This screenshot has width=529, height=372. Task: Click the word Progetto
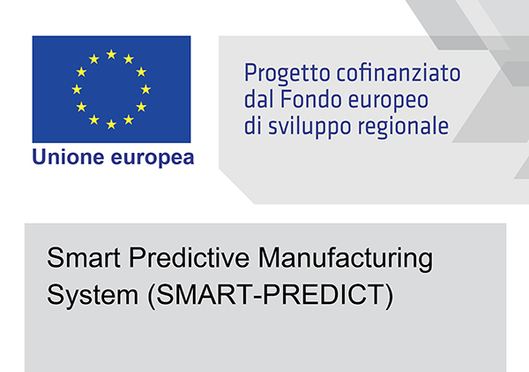coord(287,74)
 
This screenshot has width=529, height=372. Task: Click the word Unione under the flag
coord(68,157)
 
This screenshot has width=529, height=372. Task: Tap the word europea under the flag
coord(153,158)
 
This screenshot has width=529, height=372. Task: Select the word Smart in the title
coord(84,257)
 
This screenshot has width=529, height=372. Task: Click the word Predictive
coord(190,257)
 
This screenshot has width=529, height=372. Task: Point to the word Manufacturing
coord(346,259)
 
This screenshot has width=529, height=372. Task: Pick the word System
coord(93,295)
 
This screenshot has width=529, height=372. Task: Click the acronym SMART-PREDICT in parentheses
coord(271,295)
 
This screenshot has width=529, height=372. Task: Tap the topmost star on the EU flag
coord(111,55)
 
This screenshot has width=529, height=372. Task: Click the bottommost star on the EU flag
coord(111,124)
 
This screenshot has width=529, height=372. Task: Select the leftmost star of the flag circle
coord(77,89)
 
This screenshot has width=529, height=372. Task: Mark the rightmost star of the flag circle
coord(145,89)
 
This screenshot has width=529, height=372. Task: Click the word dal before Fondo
coord(259,100)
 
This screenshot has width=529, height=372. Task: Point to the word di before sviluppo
coord(253,125)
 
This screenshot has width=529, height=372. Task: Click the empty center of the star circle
coord(111,89)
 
